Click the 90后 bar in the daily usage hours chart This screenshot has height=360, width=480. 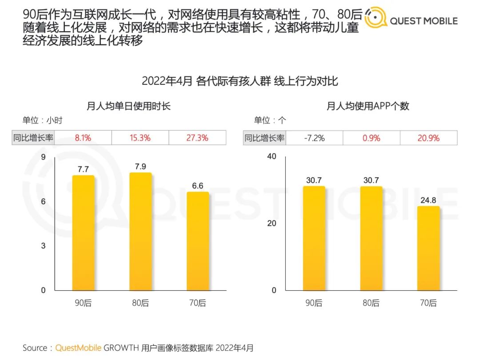83,233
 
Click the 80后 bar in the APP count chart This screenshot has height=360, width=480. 371,239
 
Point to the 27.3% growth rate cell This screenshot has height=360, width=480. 197,138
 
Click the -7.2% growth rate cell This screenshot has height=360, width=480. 314,138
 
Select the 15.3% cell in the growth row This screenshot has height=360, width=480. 140,138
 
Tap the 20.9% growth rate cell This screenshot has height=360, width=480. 428,138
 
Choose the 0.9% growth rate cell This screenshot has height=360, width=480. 371,138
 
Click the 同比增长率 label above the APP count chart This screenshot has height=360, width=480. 264,138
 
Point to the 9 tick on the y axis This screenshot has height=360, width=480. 43,156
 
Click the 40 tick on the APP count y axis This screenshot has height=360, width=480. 272,156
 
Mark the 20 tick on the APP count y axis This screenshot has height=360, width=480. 272,223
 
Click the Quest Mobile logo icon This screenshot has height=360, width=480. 376,19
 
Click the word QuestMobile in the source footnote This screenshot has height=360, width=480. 78,348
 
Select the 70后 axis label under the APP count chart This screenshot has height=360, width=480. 428,303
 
